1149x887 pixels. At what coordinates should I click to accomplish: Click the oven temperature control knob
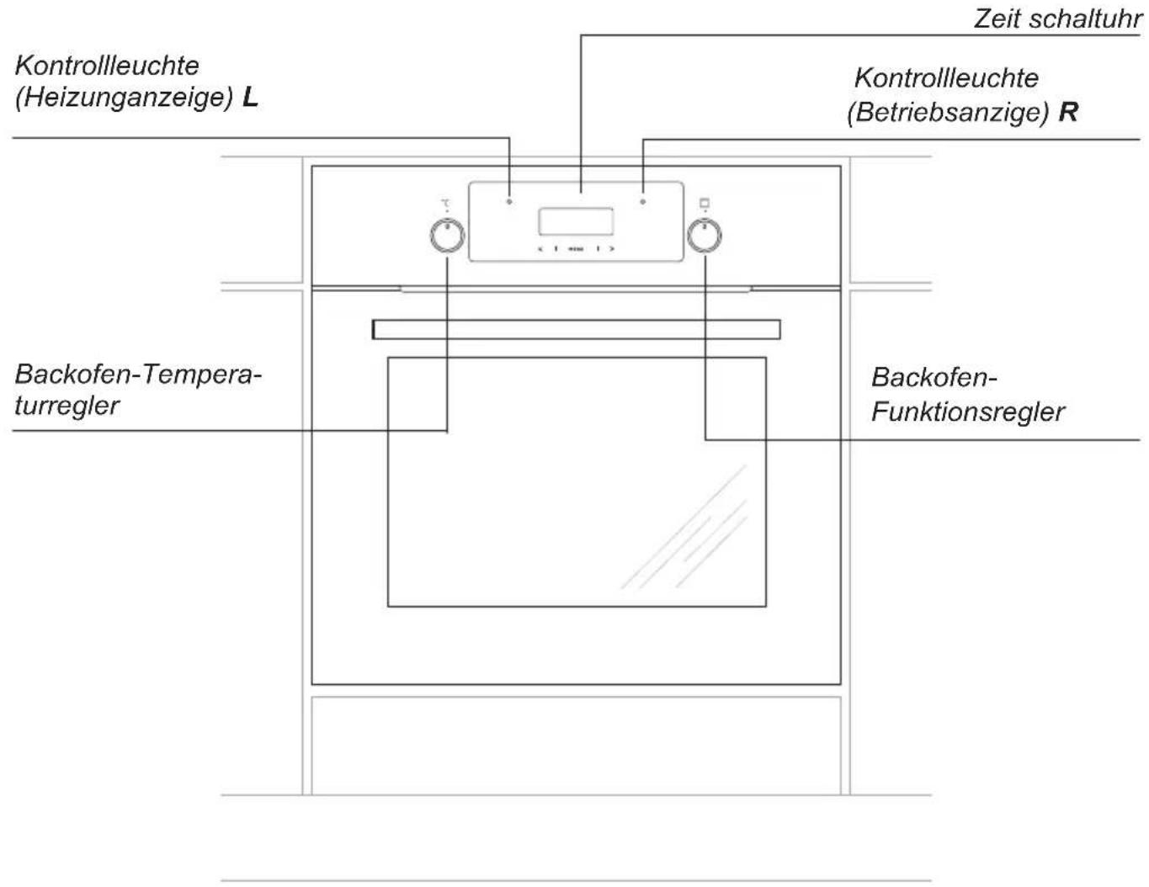coord(447,236)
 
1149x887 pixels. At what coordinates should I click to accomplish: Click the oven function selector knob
coord(705,236)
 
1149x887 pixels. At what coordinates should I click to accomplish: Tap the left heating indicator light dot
coord(509,202)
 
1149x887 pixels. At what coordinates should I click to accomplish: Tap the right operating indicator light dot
coord(643,202)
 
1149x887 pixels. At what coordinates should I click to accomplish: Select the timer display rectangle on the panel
coord(576,221)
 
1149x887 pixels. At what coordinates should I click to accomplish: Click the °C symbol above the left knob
coord(446,203)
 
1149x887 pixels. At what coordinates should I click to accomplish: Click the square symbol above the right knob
coord(705,203)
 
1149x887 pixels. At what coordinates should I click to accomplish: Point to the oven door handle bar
coord(577,329)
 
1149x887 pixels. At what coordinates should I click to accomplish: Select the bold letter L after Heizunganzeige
coord(251,98)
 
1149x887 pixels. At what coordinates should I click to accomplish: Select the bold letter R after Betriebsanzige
coord(1068,112)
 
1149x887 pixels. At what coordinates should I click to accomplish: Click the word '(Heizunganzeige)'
coord(125,98)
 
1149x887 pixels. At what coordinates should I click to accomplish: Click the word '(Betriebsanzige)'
coord(948,113)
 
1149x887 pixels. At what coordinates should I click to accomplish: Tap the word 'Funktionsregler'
coord(968,412)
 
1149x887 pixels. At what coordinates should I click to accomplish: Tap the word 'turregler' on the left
coord(66,406)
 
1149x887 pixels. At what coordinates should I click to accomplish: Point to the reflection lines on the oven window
coord(684,527)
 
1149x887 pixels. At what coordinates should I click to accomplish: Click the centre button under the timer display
coord(576,249)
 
